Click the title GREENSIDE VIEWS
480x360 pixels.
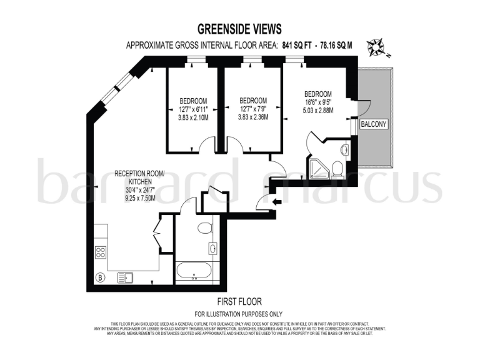click(239, 29)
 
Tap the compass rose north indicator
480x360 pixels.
click(376, 47)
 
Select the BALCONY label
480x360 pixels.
click(374, 124)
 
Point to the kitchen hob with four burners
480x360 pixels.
click(100, 252)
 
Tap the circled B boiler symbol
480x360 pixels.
click(97, 277)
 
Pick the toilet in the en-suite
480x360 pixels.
click(337, 169)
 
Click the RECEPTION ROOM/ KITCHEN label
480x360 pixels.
click(139, 177)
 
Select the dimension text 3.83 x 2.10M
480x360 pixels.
click(193, 116)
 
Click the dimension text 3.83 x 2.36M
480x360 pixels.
click(253, 116)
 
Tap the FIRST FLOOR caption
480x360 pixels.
click(239, 301)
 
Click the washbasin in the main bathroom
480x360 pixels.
click(214, 249)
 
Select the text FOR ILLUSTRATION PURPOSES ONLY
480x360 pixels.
click(239, 313)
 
